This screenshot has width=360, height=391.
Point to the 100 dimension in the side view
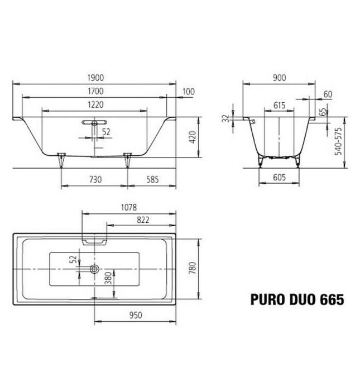(189, 91)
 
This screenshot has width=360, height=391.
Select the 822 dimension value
(143, 220)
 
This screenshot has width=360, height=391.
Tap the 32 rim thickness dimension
(225, 118)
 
